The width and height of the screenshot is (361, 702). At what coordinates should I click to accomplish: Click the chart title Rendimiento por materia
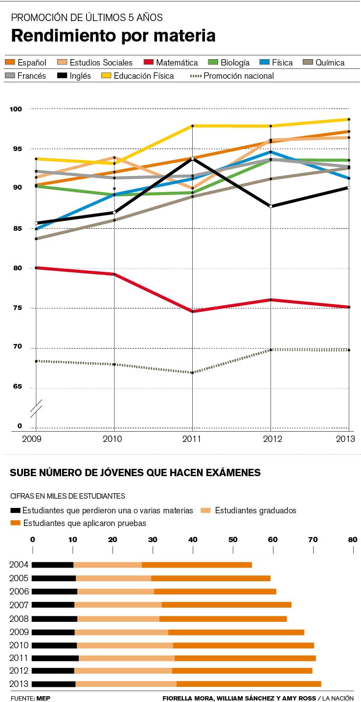pyautogui.click(x=113, y=36)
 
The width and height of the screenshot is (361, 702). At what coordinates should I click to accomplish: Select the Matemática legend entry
pyautogui.click(x=177, y=63)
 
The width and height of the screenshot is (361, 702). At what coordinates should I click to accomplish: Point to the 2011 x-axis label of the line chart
pyautogui.click(x=192, y=439)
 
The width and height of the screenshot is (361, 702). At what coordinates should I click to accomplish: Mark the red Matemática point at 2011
pyautogui.click(x=192, y=311)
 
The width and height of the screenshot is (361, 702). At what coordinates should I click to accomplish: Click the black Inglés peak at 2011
pyautogui.click(x=192, y=159)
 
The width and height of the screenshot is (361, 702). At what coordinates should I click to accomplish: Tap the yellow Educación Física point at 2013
pyautogui.click(x=349, y=119)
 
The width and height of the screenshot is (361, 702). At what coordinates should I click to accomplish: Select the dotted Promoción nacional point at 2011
pyautogui.click(x=192, y=373)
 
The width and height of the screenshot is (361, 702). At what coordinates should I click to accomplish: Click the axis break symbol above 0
pyautogui.click(x=36, y=409)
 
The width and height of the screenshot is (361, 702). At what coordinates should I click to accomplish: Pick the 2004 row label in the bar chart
pyautogui.click(x=19, y=565)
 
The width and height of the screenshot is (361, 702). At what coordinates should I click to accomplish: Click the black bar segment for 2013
pyautogui.click(x=53, y=684)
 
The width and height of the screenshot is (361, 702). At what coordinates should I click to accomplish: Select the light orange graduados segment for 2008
pyautogui.click(x=118, y=618)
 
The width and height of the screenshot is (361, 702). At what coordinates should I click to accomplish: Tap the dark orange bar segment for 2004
pyautogui.click(x=197, y=565)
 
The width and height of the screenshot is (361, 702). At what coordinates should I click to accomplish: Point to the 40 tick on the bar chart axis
pyautogui.click(x=193, y=540)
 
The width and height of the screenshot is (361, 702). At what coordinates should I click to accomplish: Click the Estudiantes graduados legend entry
pyautogui.click(x=255, y=510)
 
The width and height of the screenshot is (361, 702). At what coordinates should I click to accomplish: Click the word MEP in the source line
pyautogui.click(x=43, y=698)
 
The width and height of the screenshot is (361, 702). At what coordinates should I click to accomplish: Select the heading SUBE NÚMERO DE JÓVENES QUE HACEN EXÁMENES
pyautogui.click(x=135, y=473)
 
